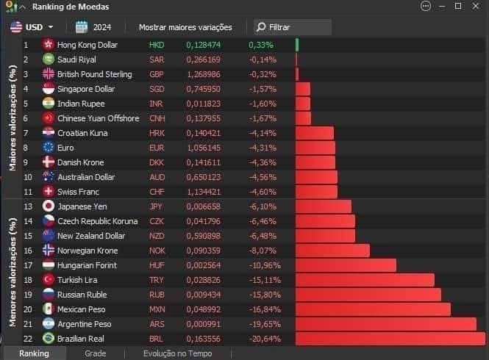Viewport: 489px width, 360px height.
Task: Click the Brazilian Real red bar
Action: [x=390, y=339]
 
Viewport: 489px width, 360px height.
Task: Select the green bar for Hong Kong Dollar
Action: [x=297, y=45]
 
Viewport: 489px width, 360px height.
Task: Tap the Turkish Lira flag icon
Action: [x=49, y=280]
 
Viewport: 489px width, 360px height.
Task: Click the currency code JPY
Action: [x=157, y=206]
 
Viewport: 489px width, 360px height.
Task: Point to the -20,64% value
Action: [x=265, y=339]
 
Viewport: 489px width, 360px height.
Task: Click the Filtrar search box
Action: [x=293, y=27]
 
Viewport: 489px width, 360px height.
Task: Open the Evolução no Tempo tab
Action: [x=177, y=353]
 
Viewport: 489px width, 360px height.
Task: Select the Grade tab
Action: [x=96, y=353]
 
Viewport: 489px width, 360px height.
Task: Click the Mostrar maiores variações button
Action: [x=185, y=27]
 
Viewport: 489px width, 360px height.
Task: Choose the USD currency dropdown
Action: [x=32, y=27]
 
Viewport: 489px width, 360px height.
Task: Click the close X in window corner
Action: [x=478, y=7]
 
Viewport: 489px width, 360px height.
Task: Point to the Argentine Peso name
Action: [x=85, y=324]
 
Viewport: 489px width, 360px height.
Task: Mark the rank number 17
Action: [x=27, y=265]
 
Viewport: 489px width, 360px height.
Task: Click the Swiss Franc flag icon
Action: [x=49, y=192]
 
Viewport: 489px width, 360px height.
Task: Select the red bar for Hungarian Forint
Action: [x=346, y=265]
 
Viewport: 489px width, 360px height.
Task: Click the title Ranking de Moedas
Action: [x=71, y=7]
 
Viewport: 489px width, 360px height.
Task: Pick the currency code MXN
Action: [x=157, y=309]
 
